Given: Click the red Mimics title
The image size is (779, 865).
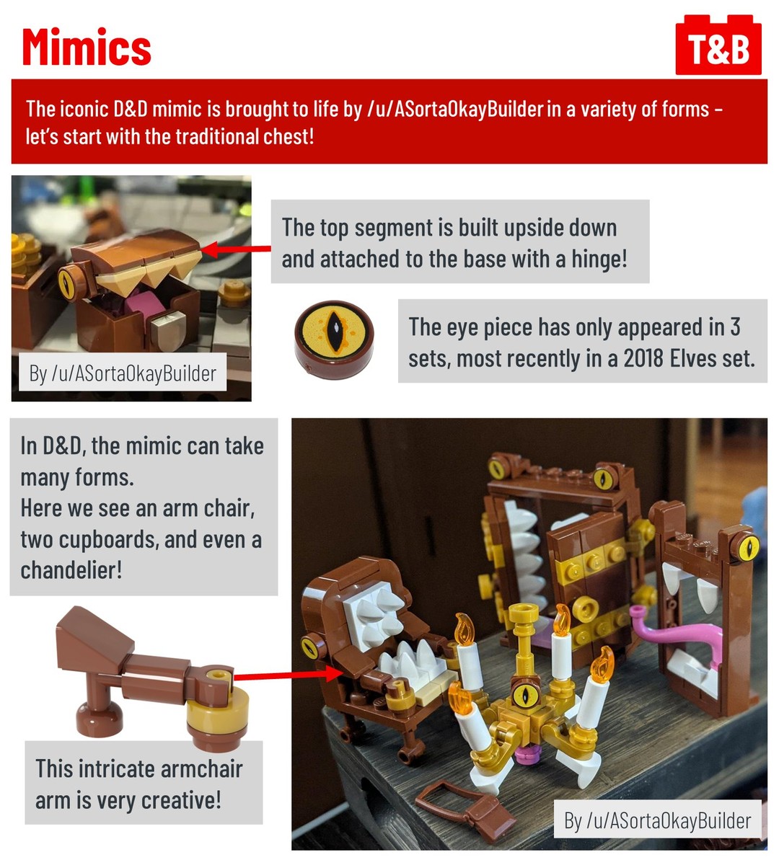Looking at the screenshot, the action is [x=87, y=47].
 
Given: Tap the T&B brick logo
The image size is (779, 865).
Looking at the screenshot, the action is [x=718, y=45].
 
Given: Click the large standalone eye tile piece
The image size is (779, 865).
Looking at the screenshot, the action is [x=334, y=340].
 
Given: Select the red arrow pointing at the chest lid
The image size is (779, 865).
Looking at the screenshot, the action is [x=236, y=249].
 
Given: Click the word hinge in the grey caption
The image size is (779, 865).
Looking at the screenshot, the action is [x=599, y=259].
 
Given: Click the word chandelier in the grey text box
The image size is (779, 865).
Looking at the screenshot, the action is [x=71, y=570].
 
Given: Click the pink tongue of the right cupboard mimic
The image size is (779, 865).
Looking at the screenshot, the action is [x=677, y=634].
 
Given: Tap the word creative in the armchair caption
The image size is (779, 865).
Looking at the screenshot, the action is [x=181, y=800].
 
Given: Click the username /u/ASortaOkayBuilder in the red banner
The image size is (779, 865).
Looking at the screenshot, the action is [x=454, y=109].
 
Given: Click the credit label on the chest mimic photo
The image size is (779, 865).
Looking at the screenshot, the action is [x=123, y=373].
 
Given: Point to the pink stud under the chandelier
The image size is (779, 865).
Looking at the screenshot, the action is [x=528, y=753].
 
